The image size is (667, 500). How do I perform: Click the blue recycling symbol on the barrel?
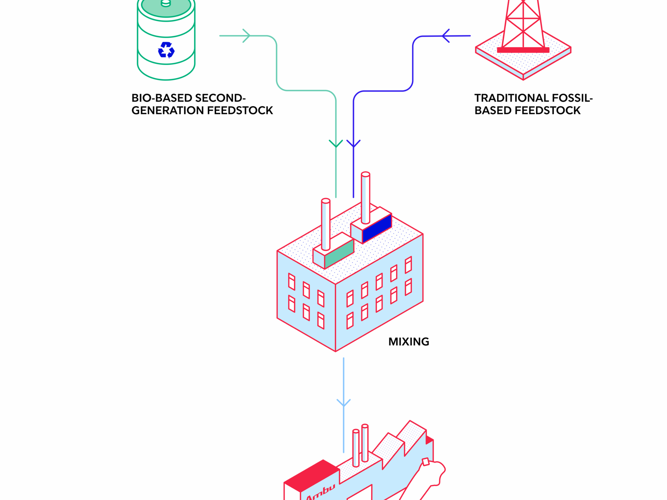166,50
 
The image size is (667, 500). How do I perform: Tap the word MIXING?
409,342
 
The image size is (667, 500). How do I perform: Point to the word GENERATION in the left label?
168,111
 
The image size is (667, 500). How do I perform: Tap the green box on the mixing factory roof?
339,254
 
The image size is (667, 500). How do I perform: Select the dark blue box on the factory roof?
377,228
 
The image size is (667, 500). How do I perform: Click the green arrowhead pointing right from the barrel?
247,36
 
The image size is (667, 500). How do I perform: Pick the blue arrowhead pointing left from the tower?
446,36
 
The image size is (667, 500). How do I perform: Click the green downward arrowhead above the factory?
336,144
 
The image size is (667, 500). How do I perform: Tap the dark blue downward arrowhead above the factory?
353,144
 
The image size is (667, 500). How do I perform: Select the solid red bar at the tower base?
523,50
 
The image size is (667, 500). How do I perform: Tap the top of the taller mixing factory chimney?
365,174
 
